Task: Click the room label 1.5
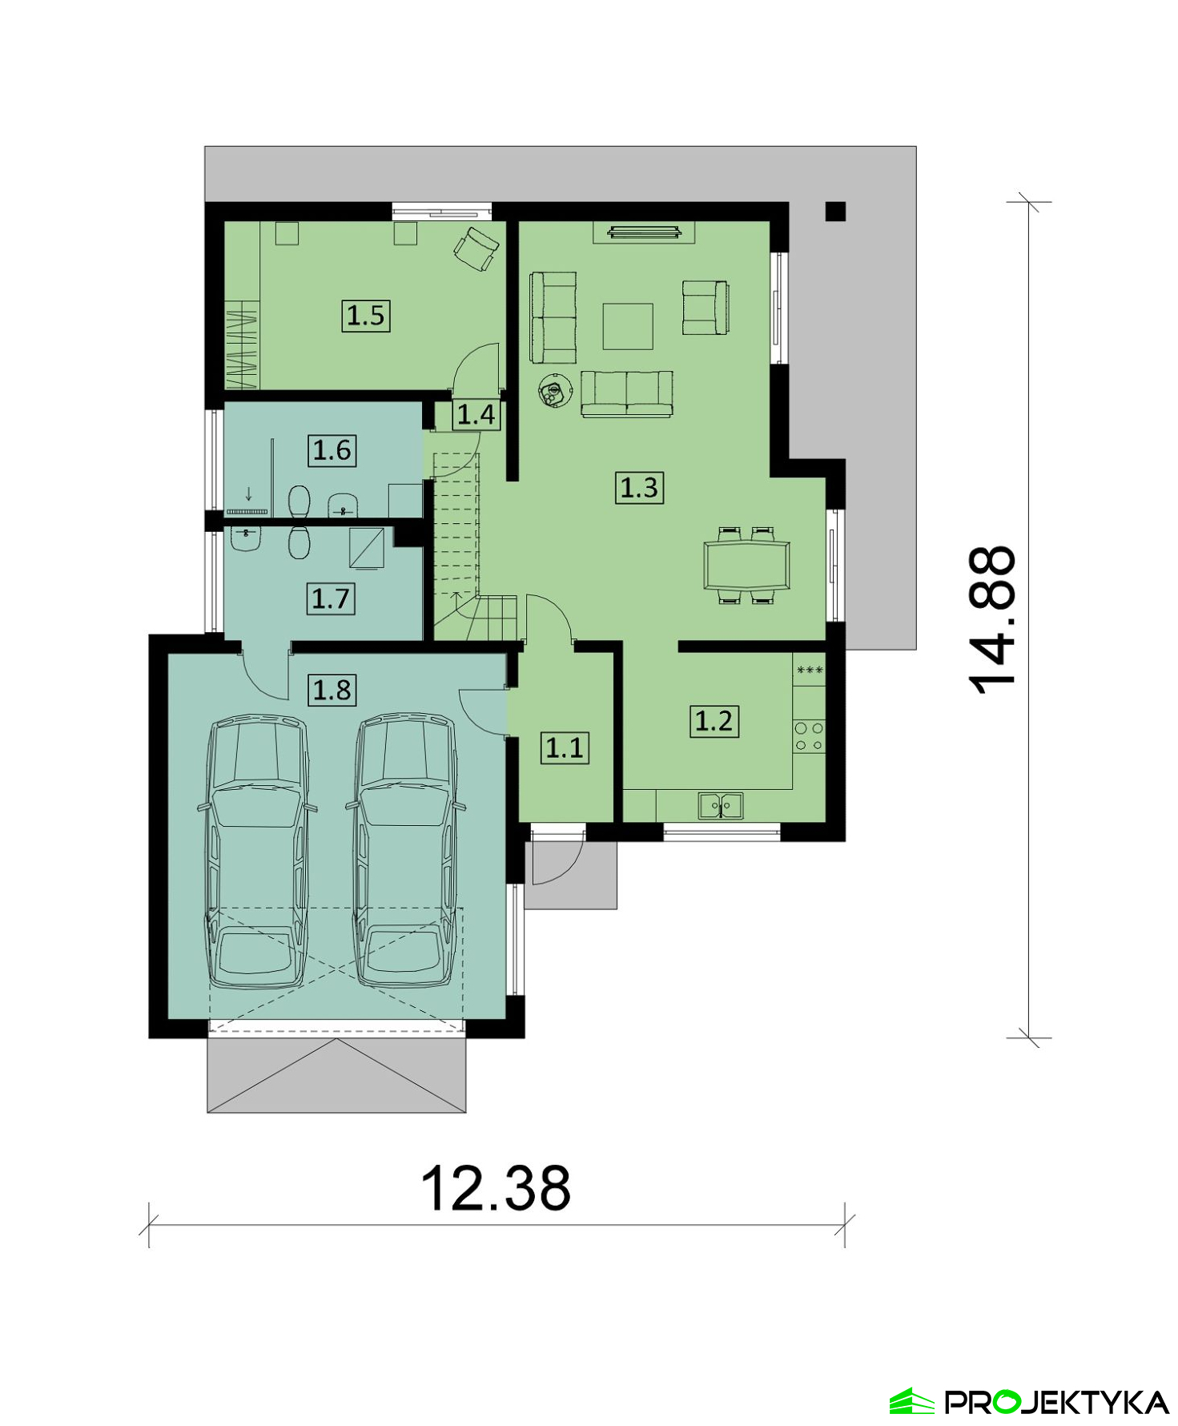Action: click(x=366, y=316)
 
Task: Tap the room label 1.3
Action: click(x=639, y=487)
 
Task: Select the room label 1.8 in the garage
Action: click(x=332, y=690)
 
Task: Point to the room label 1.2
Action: click(x=714, y=721)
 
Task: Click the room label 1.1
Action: click(x=565, y=747)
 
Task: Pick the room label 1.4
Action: click(x=476, y=415)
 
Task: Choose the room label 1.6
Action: click(x=332, y=450)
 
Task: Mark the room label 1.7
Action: click(x=331, y=598)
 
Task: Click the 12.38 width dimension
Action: click(x=496, y=1187)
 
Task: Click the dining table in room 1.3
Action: click(x=746, y=566)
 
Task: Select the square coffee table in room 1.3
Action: click(x=628, y=326)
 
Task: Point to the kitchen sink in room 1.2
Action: click(x=720, y=806)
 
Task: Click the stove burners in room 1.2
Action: click(x=809, y=736)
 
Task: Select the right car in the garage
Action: click(x=406, y=851)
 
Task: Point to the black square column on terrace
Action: click(x=835, y=211)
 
